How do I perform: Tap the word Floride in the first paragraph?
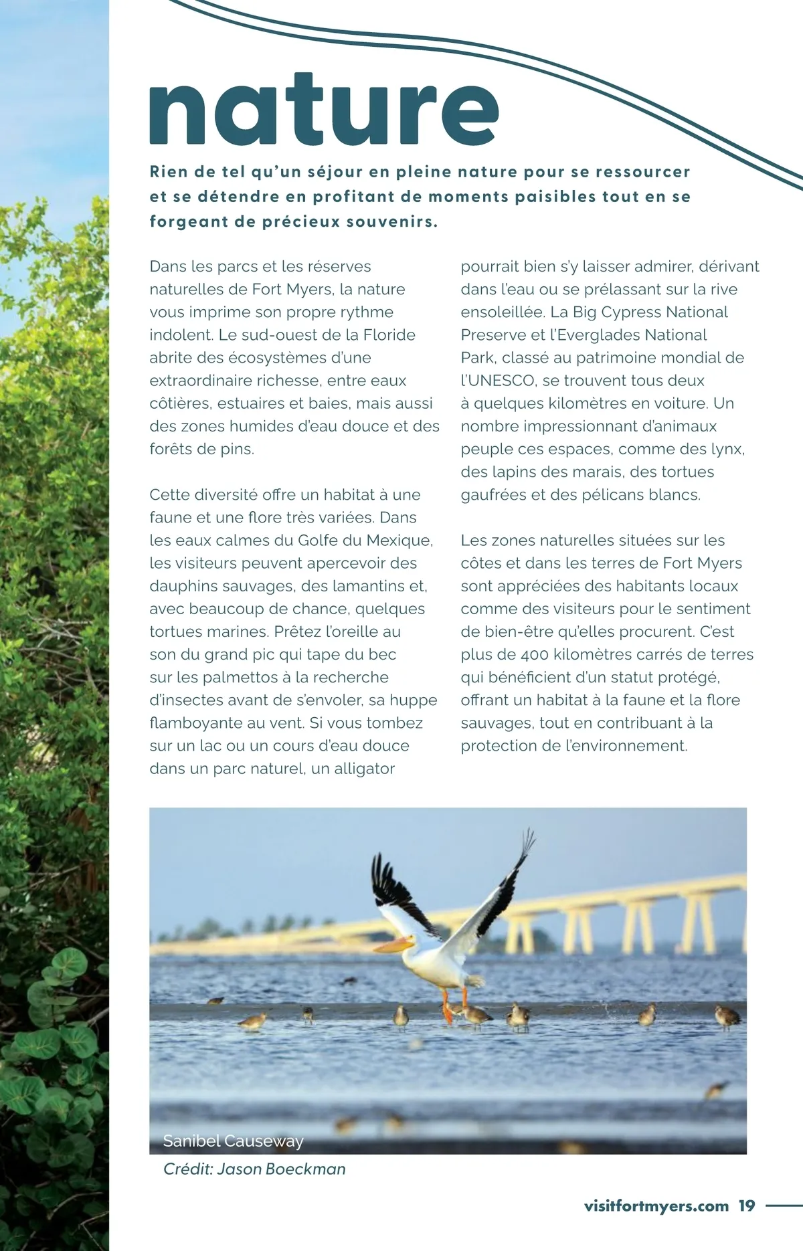[x=389, y=335]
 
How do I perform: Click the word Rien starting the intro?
[x=169, y=172]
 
